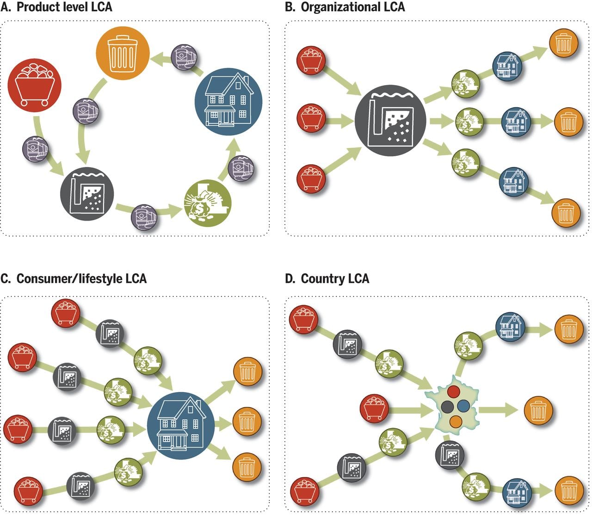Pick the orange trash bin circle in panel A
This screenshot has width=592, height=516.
click(x=123, y=54)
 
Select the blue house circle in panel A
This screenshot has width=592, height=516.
click(x=228, y=102)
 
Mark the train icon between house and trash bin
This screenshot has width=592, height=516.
click(x=184, y=57)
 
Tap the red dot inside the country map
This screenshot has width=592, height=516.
click(x=454, y=392)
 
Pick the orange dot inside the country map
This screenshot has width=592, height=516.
click(x=456, y=422)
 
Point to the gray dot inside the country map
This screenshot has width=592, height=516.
click(x=447, y=407)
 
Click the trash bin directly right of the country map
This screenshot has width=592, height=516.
click(x=538, y=410)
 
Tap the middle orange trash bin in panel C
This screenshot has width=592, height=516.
click(x=247, y=421)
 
